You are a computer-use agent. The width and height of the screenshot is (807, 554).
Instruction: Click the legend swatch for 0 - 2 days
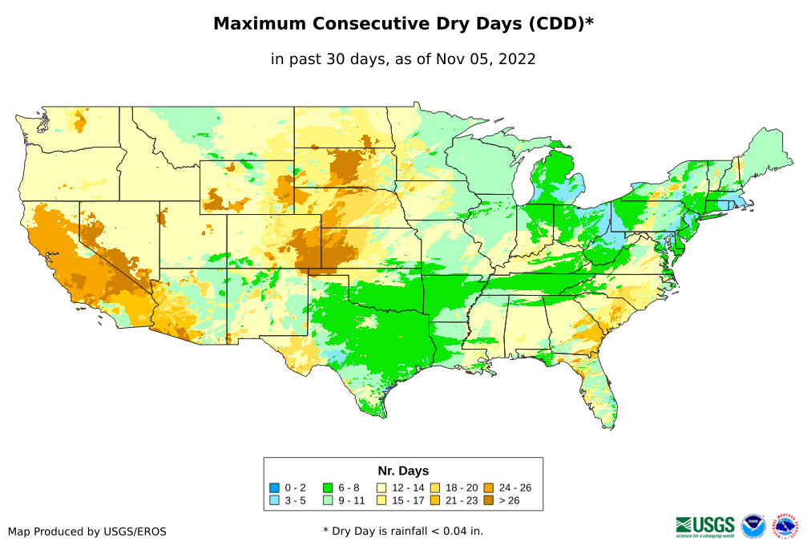274,487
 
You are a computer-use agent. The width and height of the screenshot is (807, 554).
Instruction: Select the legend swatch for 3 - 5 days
274,500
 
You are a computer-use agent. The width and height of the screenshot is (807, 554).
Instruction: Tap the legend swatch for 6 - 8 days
328,487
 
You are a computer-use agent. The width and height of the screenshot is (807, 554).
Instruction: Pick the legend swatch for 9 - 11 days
328,500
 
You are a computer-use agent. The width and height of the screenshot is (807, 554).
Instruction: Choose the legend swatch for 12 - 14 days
381,487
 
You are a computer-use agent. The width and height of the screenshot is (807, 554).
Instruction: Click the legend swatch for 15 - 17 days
381,500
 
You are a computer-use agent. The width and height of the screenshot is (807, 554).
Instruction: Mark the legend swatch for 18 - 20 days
434,487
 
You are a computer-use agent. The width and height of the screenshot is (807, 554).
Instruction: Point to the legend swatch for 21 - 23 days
434,500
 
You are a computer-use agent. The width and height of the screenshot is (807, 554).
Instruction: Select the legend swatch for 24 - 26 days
488,487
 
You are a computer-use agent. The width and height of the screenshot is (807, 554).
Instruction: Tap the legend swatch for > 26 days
488,500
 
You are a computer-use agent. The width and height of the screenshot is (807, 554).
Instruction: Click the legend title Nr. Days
403,471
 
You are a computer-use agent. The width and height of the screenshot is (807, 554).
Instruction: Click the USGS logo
705,526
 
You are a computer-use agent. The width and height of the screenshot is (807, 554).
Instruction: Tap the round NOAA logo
753,526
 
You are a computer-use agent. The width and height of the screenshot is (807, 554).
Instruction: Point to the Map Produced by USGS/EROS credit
87,532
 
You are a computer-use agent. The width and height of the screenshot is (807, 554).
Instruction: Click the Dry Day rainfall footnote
403,532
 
